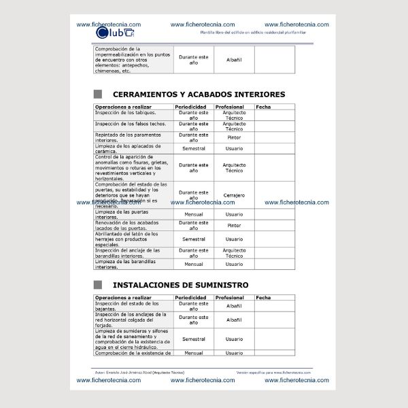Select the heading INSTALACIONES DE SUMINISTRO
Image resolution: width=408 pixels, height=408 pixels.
click(x=180, y=285)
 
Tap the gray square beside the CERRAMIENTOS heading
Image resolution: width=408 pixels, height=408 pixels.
click(x=97, y=95)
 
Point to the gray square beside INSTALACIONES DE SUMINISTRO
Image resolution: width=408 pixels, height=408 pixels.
click(x=97, y=285)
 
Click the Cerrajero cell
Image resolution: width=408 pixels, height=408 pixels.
click(x=234, y=195)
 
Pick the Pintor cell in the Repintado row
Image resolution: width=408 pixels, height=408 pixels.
click(x=234, y=137)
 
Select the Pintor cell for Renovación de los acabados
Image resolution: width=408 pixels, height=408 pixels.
click(x=234, y=225)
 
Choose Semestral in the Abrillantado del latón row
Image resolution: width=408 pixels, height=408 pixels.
click(x=194, y=239)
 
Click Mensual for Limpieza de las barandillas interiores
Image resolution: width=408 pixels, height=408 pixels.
click(x=194, y=264)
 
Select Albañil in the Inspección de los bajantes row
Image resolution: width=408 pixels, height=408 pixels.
click(x=234, y=307)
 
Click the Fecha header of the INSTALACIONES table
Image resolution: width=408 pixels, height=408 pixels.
click(x=263, y=298)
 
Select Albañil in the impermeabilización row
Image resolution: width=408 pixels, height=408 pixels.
click(x=234, y=60)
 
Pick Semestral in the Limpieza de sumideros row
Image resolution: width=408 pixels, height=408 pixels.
click(x=194, y=339)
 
